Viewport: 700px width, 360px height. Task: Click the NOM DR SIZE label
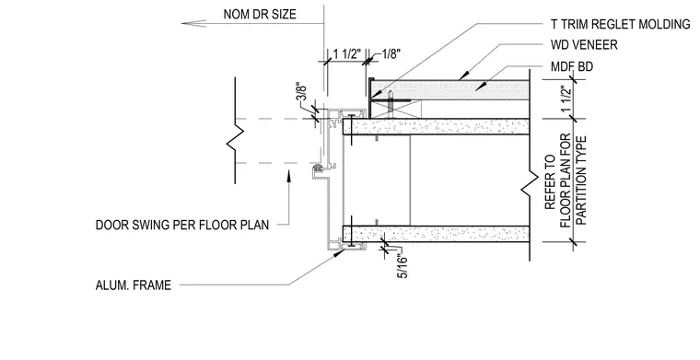pyautogui.click(x=260, y=15)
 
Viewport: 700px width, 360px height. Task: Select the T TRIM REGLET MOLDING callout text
pyautogui.click(x=621, y=24)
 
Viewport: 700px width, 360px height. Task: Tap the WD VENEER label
pyautogui.click(x=584, y=45)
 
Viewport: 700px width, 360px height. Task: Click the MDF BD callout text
pyautogui.click(x=572, y=67)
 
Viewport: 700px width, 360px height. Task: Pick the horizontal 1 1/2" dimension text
pyautogui.click(x=347, y=54)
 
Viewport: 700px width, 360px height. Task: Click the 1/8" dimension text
pyautogui.click(x=391, y=54)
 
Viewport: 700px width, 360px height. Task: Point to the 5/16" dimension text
pyautogui.click(x=402, y=265)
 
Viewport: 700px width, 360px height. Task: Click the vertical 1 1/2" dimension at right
pyautogui.click(x=566, y=100)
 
